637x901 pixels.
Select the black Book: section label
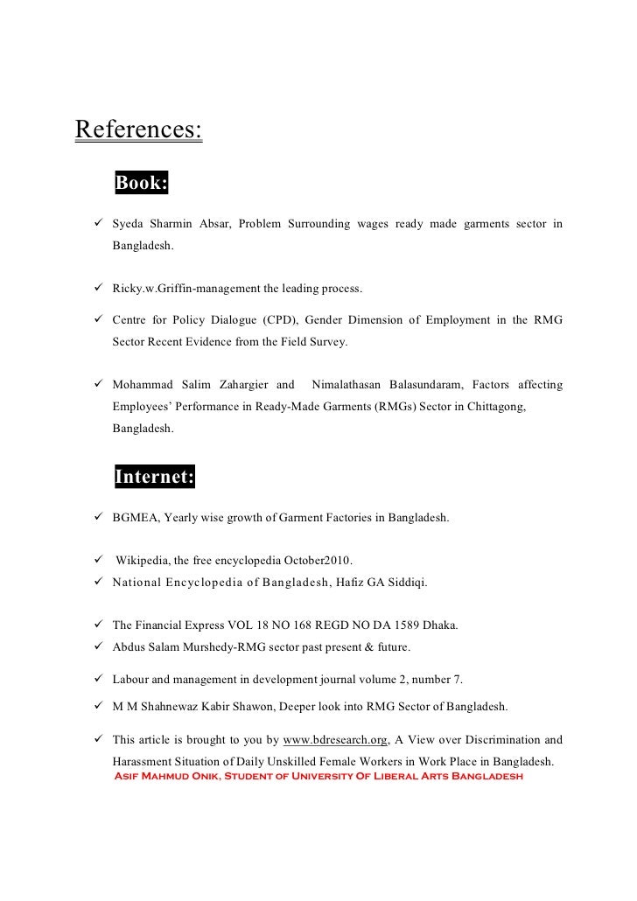pos(140,183)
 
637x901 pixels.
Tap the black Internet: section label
pos(155,477)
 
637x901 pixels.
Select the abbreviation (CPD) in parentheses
pos(276,320)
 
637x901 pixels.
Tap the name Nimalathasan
pos(353,384)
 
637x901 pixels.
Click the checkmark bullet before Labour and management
pos(99,680)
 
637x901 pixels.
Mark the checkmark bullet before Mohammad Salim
pos(99,384)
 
